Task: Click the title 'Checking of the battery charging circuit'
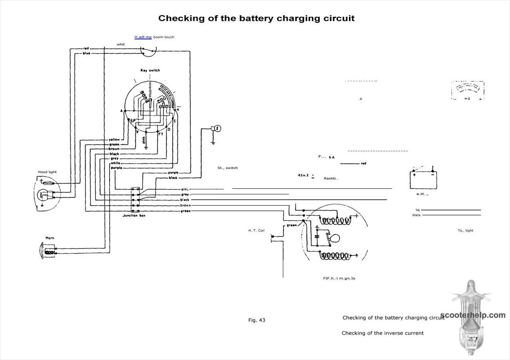coord(256,18)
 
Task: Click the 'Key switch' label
coord(150,70)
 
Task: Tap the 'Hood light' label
coord(47,172)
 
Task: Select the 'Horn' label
coord(50,238)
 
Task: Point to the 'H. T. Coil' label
coord(256,230)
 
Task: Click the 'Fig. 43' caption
coord(256,320)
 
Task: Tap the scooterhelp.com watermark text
coord(472,315)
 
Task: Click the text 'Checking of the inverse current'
coord(382,333)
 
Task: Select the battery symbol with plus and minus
coord(423,180)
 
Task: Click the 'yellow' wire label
coord(114,139)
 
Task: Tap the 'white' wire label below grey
coord(115,163)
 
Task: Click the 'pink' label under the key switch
coord(144,140)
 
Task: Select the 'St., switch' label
coord(227,168)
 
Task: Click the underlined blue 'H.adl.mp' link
coord(143,37)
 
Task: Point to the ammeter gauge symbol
coord(468,90)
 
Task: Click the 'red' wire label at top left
coord(86,48)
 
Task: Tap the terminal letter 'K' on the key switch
coord(178,110)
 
